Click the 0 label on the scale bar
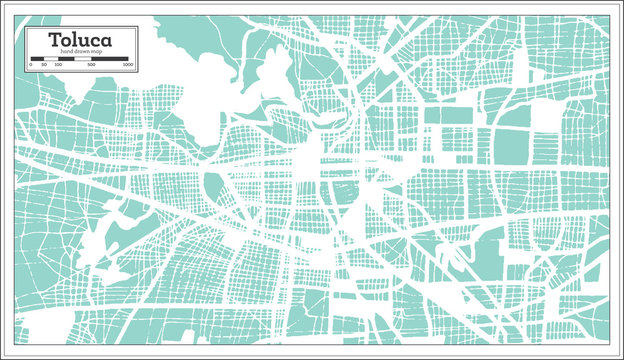click(31, 65)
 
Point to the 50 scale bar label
click(45, 65)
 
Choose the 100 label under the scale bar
click(58, 65)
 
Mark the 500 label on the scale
click(92, 65)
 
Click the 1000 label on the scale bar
click(127, 65)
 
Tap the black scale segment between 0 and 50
click(38, 59)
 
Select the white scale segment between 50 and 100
click(51, 59)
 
